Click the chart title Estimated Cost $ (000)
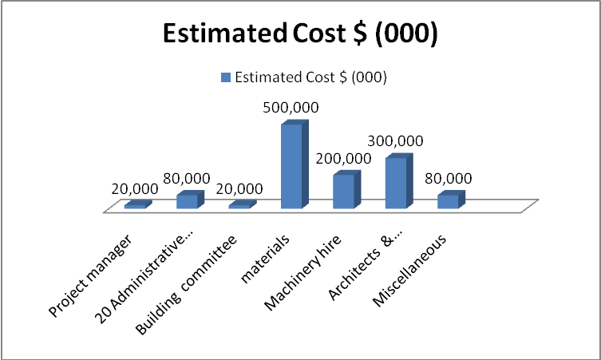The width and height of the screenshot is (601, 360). tap(300, 34)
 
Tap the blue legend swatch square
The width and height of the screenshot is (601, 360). tap(225, 77)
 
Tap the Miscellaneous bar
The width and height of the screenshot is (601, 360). tap(448, 200)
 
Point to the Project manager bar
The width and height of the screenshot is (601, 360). tap(135, 206)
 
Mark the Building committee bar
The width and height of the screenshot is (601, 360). tap(239, 206)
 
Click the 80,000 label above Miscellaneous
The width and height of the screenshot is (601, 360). tap(449, 178)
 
